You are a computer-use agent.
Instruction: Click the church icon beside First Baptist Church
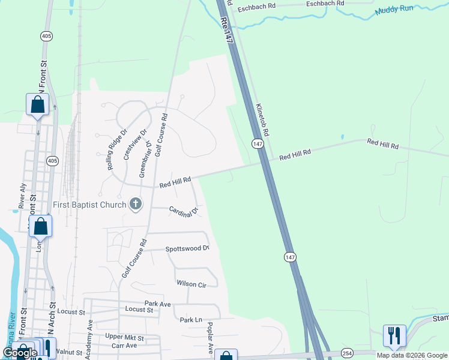tap(136, 205)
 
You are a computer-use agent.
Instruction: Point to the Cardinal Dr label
tap(184, 211)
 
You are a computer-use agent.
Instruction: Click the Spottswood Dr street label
tap(187, 248)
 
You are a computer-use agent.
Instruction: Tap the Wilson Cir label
tap(191, 284)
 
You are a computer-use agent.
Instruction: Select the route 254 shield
tap(347, 352)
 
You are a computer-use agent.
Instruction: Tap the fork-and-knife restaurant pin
tap(394, 334)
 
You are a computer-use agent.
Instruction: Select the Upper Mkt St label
tap(122, 337)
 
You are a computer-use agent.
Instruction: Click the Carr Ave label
tap(124, 346)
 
